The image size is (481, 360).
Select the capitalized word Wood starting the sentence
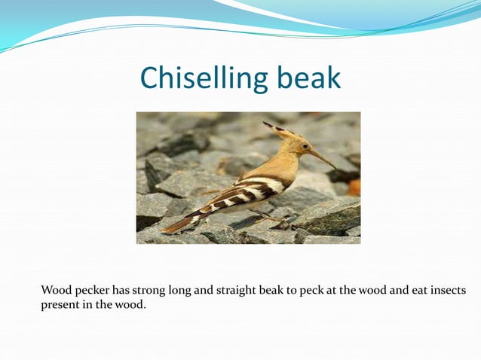click(x=55, y=290)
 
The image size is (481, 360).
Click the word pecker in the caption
click(x=90, y=291)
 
